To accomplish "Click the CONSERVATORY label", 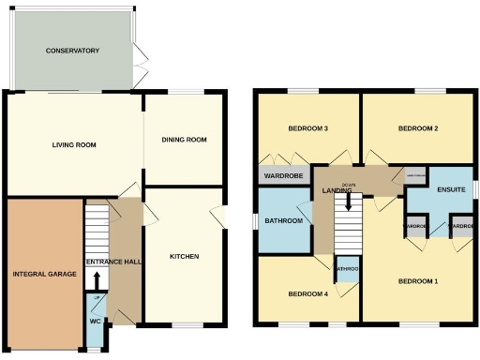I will [x=72, y=51].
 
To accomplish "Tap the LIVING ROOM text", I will [x=74, y=145].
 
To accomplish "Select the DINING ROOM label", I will [x=184, y=140].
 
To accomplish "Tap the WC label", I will [x=95, y=322].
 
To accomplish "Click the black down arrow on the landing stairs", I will [x=349, y=201].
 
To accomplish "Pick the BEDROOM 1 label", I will [x=418, y=281].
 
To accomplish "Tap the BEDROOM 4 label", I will [x=307, y=294].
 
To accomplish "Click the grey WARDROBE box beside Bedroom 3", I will [x=284, y=174].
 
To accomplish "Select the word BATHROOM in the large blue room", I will [x=282, y=221].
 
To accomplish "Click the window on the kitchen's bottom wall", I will [x=187, y=325].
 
